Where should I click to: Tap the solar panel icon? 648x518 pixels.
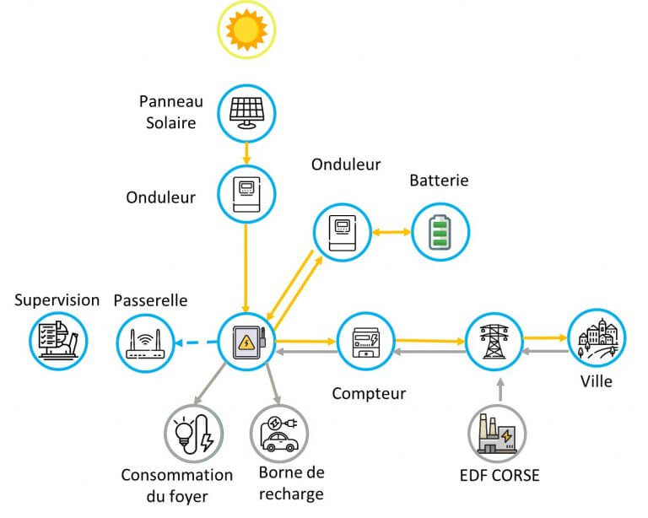coord(246,111)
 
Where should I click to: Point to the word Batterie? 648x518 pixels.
coord(439,180)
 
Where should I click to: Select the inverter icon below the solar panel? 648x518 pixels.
coord(246,193)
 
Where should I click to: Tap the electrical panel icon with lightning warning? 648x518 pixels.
coord(246,342)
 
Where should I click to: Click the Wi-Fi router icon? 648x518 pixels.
coord(145,342)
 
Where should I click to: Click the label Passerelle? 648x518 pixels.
coord(150,299)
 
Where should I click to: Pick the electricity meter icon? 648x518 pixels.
coord(364,342)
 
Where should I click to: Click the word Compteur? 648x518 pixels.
coord(369,393)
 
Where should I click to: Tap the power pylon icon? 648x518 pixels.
coord(495,342)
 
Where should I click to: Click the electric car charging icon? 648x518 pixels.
coord(279,433)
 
